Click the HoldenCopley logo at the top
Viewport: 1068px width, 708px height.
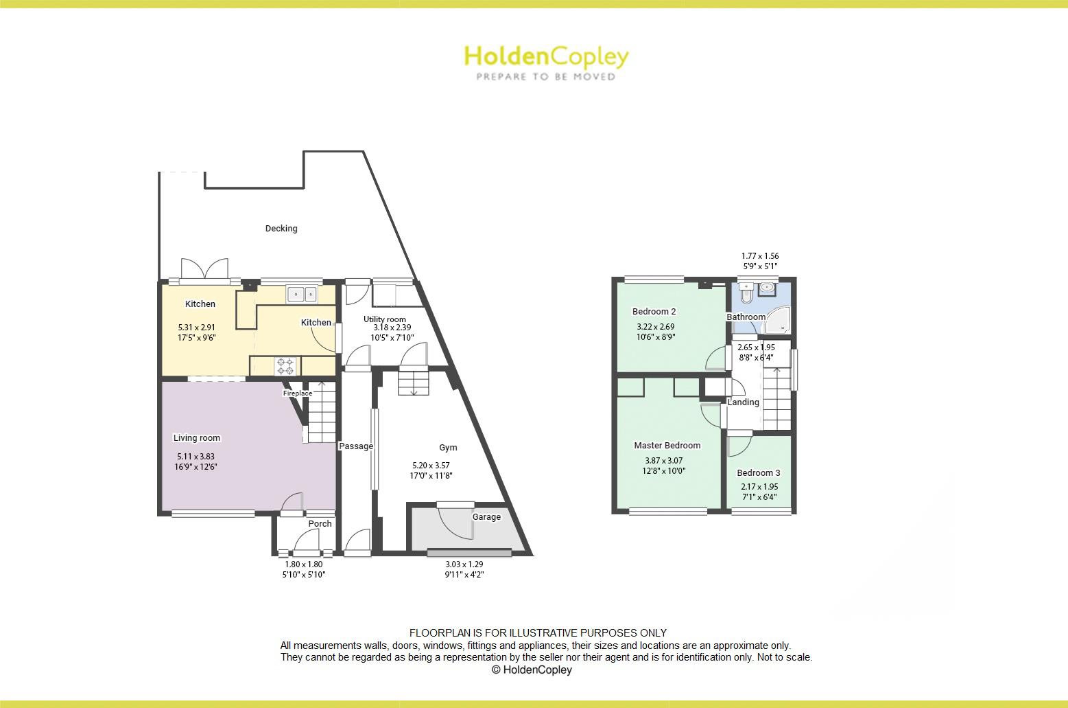546,62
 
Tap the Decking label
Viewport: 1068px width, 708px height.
281,229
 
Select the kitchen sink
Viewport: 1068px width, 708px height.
302,294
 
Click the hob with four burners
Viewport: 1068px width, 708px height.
285,366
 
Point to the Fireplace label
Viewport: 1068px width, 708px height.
297,393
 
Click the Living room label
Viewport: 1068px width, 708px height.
197,438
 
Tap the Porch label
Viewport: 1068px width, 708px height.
320,523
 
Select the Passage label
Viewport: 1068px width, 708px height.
356,446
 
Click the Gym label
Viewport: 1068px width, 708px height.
448,448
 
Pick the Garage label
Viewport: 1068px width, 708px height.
486,517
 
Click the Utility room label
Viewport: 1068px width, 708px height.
385,319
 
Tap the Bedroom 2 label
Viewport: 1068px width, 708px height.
654,312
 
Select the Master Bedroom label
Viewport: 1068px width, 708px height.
667,446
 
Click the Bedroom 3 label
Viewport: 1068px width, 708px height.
758,473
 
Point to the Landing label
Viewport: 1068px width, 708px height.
743,402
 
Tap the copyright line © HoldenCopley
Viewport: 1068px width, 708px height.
532,670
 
